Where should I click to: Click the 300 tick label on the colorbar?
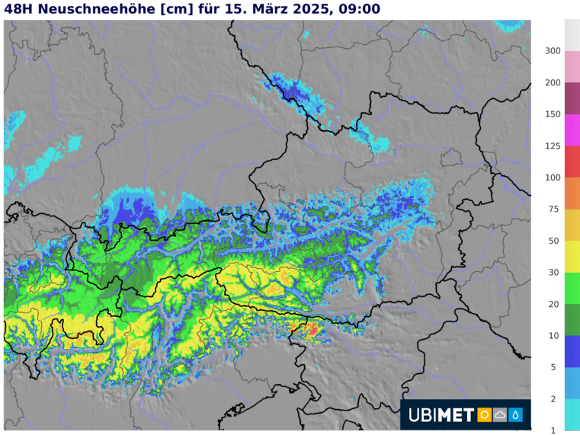click(x=553, y=51)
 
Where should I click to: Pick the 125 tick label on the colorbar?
click(x=553, y=146)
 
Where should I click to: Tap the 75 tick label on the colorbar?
click(x=555, y=209)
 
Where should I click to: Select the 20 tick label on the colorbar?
click(x=555, y=304)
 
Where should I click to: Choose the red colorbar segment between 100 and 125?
click(x=572, y=162)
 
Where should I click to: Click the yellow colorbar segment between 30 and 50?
click(x=572, y=256)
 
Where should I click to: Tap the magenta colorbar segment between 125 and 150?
click(x=572, y=130)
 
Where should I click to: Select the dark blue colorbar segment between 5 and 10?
click(x=572, y=351)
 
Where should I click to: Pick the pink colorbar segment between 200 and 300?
click(x=572, y=66)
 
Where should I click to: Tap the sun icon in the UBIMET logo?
click(x=484, y=415)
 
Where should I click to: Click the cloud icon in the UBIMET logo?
click(x=500, y=415)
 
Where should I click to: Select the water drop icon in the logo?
click(x=516, y=415)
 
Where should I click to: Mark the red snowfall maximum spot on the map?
click(x=312, y=329)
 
